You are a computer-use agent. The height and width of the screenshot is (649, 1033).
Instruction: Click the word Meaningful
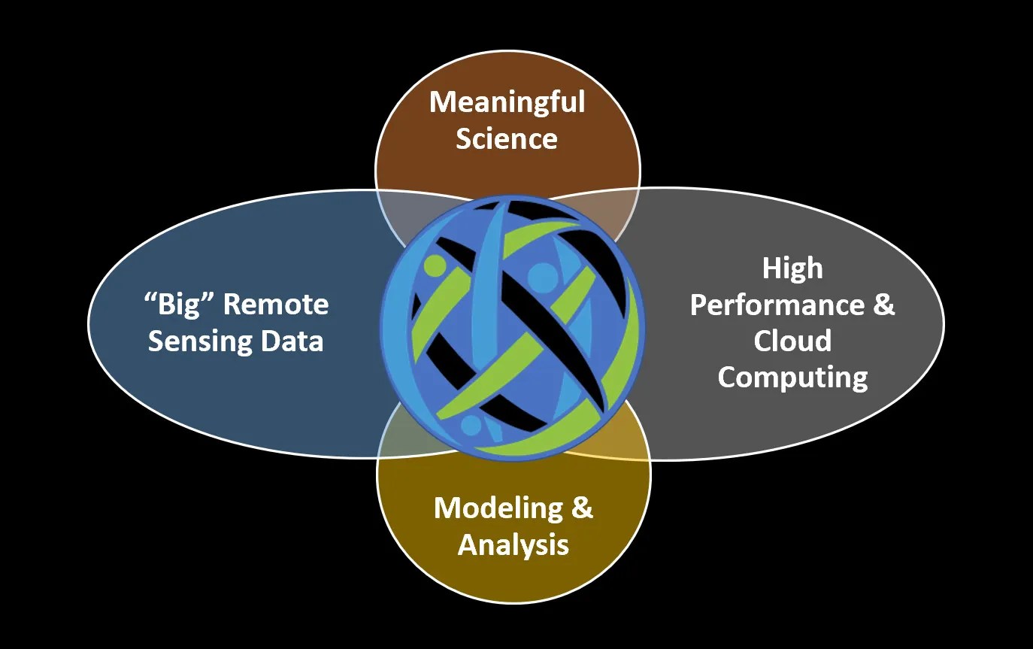pos(507,102)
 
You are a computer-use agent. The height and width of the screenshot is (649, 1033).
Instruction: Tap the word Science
pos(507,138)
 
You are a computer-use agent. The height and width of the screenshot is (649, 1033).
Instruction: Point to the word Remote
pos(276,305)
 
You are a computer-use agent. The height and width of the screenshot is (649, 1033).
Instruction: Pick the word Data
pos(292,341)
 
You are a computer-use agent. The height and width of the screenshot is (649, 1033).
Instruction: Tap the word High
pos(792,268)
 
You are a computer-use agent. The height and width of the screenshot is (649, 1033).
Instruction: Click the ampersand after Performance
pos(884,305)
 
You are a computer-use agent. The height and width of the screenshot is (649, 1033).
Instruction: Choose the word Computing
pos(792,376)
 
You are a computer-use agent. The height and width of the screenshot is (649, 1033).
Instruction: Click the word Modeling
pos(493,508)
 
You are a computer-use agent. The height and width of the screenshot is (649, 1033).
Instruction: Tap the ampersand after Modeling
pos(583,508)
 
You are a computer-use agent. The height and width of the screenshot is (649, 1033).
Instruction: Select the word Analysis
pos(513,544)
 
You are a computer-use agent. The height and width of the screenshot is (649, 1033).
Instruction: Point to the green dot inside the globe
pos(435,265)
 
